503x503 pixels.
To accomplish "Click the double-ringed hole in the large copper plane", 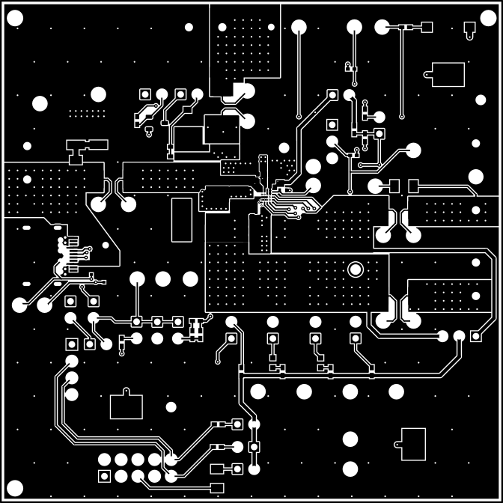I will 356,269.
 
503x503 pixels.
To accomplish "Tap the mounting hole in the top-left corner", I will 15,22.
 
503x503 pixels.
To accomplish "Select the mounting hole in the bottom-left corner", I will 15,488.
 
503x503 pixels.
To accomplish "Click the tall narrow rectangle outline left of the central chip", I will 182,220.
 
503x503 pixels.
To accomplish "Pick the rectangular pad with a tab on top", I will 126,406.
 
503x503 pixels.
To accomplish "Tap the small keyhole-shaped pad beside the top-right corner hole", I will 470,30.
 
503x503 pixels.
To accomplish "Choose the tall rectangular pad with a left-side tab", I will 413,444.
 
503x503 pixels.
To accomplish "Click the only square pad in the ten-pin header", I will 103,476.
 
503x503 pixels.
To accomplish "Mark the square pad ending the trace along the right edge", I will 475,337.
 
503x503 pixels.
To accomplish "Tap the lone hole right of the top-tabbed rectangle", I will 171,407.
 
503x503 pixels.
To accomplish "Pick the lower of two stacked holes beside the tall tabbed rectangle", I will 350,469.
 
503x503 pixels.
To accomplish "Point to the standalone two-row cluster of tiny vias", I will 88,113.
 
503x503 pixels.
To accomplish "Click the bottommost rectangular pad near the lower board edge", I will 218,488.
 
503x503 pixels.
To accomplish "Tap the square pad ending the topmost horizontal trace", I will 427,28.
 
